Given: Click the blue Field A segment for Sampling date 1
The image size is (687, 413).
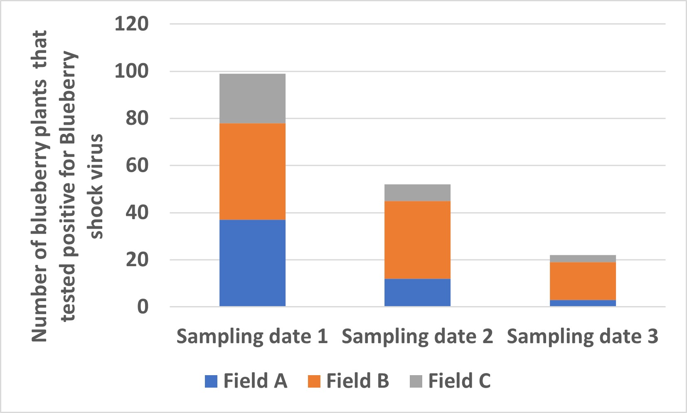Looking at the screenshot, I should coord(252,263).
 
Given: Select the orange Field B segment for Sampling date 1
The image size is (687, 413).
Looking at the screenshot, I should coord(252,171).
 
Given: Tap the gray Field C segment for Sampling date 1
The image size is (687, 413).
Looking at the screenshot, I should coord(252,99).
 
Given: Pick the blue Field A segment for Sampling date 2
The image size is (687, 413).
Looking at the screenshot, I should coord(417,292).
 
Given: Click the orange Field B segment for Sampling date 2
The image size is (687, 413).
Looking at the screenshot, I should coord(417,240).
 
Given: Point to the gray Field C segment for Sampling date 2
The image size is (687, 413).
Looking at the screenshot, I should coord(417,193).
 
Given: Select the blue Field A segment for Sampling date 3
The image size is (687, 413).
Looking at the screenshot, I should coord(582,303).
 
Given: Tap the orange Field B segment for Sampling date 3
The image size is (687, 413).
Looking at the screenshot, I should coord(582,281).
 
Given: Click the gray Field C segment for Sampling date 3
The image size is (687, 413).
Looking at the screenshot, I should coord(582,259).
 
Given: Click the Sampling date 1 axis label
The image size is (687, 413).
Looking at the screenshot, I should coord(252,336).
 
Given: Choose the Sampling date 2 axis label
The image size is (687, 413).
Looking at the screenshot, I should coord(417,336).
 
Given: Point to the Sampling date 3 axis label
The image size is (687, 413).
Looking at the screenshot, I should coord(582,336).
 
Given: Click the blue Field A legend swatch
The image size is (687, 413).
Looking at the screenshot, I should coord(211,381).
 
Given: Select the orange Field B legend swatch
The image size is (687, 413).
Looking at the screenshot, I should coord(314,381).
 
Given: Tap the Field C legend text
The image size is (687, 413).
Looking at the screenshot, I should coord(459,381).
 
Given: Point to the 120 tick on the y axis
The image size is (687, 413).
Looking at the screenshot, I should coord(131,24).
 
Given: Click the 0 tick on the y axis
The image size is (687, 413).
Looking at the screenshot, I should coord(143,307).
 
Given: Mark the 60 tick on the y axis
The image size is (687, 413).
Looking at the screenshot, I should coord(137,166).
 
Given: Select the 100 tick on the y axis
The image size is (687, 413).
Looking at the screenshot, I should coord(131,71).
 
